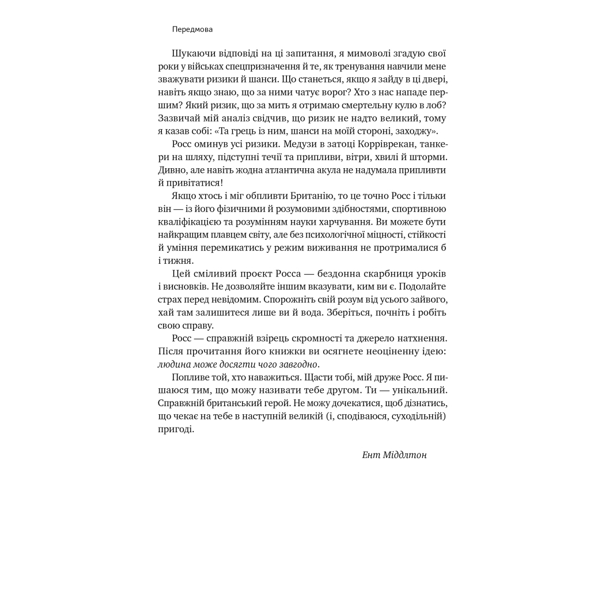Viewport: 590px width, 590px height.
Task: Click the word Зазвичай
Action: click(177, 118)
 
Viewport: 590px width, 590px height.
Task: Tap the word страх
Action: click(170, 300)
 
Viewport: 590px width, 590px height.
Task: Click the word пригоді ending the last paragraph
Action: click(175, 429)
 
